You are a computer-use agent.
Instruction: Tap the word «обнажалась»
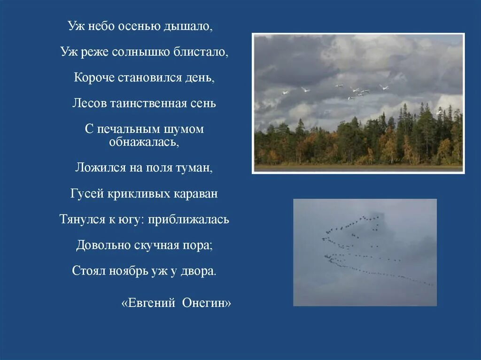point(144,141)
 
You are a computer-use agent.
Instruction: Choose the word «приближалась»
point(189,219)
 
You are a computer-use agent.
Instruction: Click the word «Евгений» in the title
point(148,303)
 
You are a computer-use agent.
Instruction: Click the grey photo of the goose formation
point(365,253)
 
